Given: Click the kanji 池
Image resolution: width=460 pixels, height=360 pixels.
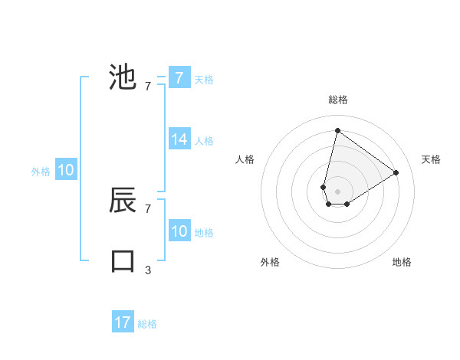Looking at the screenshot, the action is pos(123,77).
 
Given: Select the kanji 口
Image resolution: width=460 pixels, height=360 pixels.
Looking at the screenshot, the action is pos(123,260).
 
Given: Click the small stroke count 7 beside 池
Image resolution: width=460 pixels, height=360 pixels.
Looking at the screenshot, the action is pos(148,87).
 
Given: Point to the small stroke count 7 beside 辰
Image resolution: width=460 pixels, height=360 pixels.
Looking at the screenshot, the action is pos(148,208).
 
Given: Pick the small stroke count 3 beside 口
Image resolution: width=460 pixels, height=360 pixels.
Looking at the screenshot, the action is pos(148,270).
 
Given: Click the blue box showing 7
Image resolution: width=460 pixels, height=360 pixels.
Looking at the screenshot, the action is pos(179,77).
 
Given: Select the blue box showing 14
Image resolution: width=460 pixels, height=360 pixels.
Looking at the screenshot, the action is pos(179,139).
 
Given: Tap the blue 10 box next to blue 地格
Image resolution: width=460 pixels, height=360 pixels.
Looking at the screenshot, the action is pos(179,231).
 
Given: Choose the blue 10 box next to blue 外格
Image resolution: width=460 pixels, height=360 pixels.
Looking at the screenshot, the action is pos(66,170).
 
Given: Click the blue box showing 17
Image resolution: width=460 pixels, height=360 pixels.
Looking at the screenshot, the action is pos(123,322).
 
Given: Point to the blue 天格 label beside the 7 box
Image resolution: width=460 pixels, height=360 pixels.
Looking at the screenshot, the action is pos(204,80).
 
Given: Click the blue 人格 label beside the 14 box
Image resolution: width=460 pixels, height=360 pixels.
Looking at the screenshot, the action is pos(204,141).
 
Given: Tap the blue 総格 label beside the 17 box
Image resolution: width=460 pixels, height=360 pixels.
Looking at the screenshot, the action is pos(147,324).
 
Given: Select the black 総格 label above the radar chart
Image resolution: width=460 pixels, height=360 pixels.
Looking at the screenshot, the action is pos(338,100).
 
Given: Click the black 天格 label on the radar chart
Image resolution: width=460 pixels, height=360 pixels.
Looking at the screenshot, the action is pos(431,159).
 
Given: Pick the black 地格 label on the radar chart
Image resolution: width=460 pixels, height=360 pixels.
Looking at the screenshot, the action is pos(402,262).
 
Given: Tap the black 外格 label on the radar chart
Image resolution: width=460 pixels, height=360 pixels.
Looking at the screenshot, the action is pos(270,262).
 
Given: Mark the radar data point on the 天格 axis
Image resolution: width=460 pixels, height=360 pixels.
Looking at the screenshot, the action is pos(396,172).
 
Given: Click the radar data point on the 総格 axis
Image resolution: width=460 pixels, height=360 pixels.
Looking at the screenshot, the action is pos(337,131).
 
